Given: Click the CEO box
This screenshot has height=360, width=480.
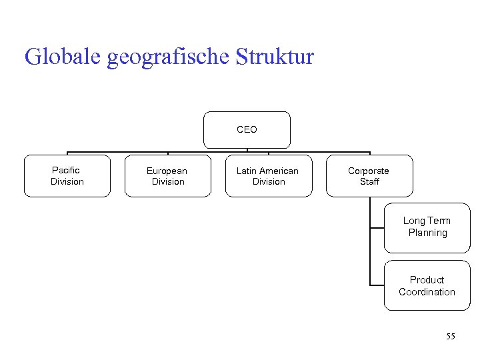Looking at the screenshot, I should click(247, 130).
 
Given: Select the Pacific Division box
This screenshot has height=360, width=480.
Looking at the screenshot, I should click(67, 176).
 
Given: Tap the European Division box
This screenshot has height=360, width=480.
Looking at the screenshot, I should click(167, 176).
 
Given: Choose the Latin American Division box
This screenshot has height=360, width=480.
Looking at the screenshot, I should click(268, 176).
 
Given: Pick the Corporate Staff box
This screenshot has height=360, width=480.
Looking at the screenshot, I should click(369, 176).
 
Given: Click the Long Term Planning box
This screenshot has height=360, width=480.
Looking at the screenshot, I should click(427, 227).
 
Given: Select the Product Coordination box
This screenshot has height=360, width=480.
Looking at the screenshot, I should click(427, 286).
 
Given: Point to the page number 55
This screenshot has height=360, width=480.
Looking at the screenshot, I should click(451, 337).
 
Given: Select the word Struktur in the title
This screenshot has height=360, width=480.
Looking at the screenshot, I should click(275, 57).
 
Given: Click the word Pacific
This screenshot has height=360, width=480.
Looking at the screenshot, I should click(66, 171).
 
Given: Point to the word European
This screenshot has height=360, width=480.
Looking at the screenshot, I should click(167, 171).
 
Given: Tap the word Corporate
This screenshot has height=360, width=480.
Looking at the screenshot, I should click(369, 171).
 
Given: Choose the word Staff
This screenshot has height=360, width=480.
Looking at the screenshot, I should click(369, 182).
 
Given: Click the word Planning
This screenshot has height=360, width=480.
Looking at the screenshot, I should click(428, 233).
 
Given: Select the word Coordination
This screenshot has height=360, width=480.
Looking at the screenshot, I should click(427, 292).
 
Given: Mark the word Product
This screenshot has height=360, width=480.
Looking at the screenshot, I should click(427, 280).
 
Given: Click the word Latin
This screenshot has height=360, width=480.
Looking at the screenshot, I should click(246, 171).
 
